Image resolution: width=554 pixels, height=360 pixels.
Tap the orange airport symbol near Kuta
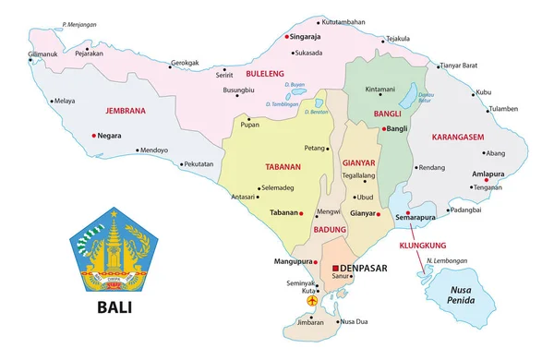click(x=311, y=300)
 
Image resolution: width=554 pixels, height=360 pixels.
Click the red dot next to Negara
click(x=94, y=136)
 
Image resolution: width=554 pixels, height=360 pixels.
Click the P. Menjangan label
click(x=81, y=24)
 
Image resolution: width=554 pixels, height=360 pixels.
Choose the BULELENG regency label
click(x=265, y=71)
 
